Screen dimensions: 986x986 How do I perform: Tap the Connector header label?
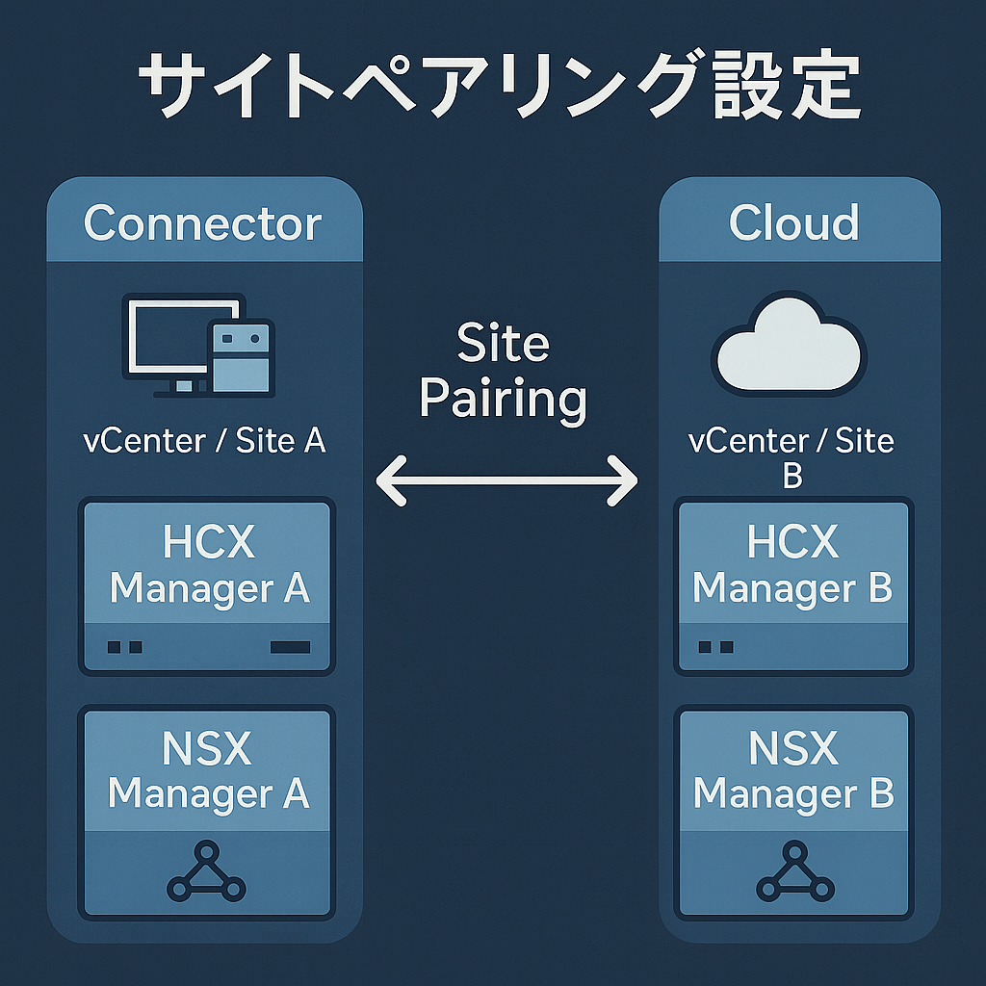(x=203, y=223)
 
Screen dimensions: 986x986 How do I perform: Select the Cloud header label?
(x=793, y=223)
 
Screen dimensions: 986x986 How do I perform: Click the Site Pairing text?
(x=504, y=371)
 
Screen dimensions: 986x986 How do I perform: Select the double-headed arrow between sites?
(x=506, y=479)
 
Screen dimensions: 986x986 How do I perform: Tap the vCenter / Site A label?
(x=204, y=441)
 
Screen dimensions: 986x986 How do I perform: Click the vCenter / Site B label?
(x=791, y=456)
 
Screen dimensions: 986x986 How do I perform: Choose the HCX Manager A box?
(x=208, y=585)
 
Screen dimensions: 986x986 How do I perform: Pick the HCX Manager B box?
(x=793, y=585)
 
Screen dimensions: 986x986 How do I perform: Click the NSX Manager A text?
(x=208, y=771)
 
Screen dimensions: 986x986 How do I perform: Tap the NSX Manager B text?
(x=793, y=771)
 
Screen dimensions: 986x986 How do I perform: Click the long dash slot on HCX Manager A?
(x=291, y=647)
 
